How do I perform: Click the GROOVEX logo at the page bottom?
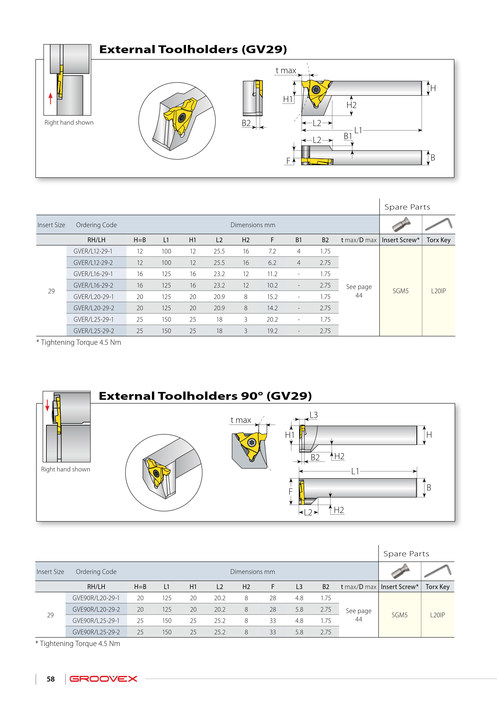click(103, 679)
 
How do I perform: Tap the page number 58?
click(51, 679)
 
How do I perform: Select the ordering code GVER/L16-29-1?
click(93, 274)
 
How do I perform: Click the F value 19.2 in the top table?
click(272, 331)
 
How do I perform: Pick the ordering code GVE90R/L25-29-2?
click(96, 632)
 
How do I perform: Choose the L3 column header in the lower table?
click(299, 587)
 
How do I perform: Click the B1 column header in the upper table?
click(299, 240)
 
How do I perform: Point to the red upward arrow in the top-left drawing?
click(51, 98)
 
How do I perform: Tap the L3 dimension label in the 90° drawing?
click(314, 415)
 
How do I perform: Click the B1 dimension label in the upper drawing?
click(347, 136)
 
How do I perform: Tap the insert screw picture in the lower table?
click(400, 571)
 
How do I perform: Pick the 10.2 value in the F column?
click(272, 285)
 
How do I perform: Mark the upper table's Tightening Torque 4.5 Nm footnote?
click(79, 343)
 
